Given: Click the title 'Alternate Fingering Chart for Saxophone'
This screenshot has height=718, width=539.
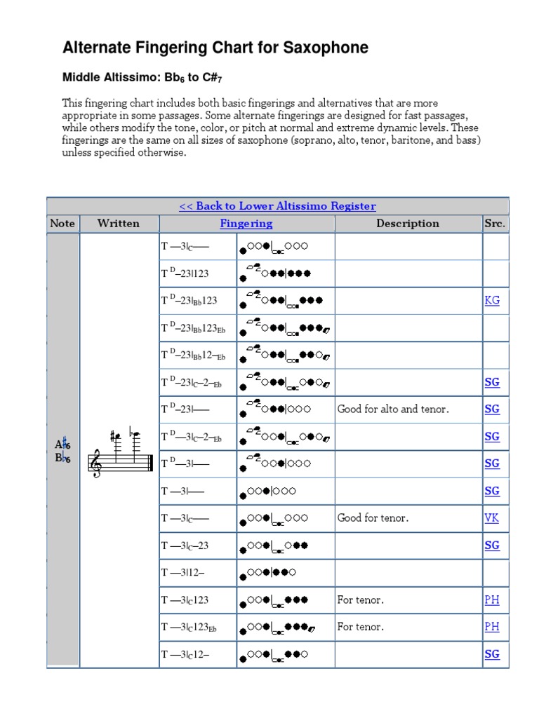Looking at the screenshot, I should click(x=215, y=48).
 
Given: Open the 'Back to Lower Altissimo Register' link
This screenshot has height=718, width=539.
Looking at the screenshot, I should click(x=277, y=206).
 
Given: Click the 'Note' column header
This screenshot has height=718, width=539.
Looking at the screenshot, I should click(x=62, y=224).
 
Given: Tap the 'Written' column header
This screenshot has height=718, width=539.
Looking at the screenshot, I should click(x=119, y=224).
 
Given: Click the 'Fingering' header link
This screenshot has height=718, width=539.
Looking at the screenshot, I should click(x=246, y=224).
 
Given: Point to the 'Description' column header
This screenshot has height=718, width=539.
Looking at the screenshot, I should click(x=408, y=224).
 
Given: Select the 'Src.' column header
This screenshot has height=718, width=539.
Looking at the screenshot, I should click(x=495, y=224).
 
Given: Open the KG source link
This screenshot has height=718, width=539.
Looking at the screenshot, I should click(x=492, y=300).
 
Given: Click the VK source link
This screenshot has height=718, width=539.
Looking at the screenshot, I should click(x=492, y=518).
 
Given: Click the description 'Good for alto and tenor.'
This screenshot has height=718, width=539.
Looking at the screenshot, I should click(x=393, y=409).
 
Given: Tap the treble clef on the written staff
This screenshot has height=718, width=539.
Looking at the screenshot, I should click(x=94, y=464).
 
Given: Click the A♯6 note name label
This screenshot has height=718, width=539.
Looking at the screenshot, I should click(x=63, y=444).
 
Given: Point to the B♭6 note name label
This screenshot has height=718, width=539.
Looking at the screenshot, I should click(x=63, y=459).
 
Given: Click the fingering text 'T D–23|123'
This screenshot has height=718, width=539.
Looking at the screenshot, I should click(x=185, y=273).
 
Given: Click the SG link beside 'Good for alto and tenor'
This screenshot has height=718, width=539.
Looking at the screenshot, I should click(x=492, y=409).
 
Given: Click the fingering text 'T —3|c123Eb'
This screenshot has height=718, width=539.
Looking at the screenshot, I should click(x=189, y=628).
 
